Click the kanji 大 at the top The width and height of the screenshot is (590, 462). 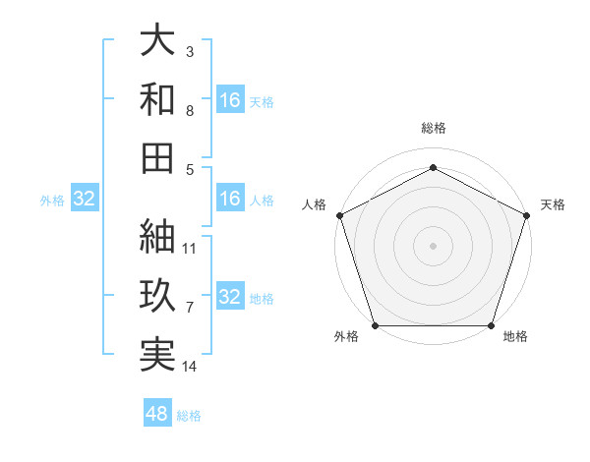pos(157,41)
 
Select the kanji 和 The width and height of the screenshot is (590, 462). pos(157,99)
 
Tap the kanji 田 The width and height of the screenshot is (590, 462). pos(157,156)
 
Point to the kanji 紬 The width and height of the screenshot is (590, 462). pos(157,237)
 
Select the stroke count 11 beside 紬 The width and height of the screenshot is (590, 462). pos(190,248)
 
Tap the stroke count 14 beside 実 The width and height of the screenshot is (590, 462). pos(190,367)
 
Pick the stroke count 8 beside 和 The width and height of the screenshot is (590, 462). pos(190,110)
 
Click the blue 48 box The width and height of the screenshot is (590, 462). pos(157,414)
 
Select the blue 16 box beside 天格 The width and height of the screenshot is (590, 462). pos(230,100)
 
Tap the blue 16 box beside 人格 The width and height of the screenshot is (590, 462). pos(230,200)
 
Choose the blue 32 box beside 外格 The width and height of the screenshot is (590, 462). pos(85,200)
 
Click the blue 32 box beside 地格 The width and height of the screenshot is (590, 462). pos(230,298)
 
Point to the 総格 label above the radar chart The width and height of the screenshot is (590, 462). pos(433,128)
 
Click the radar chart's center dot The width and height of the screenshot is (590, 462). pos(433,245)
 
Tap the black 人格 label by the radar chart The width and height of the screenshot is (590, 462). pos(315,204)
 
